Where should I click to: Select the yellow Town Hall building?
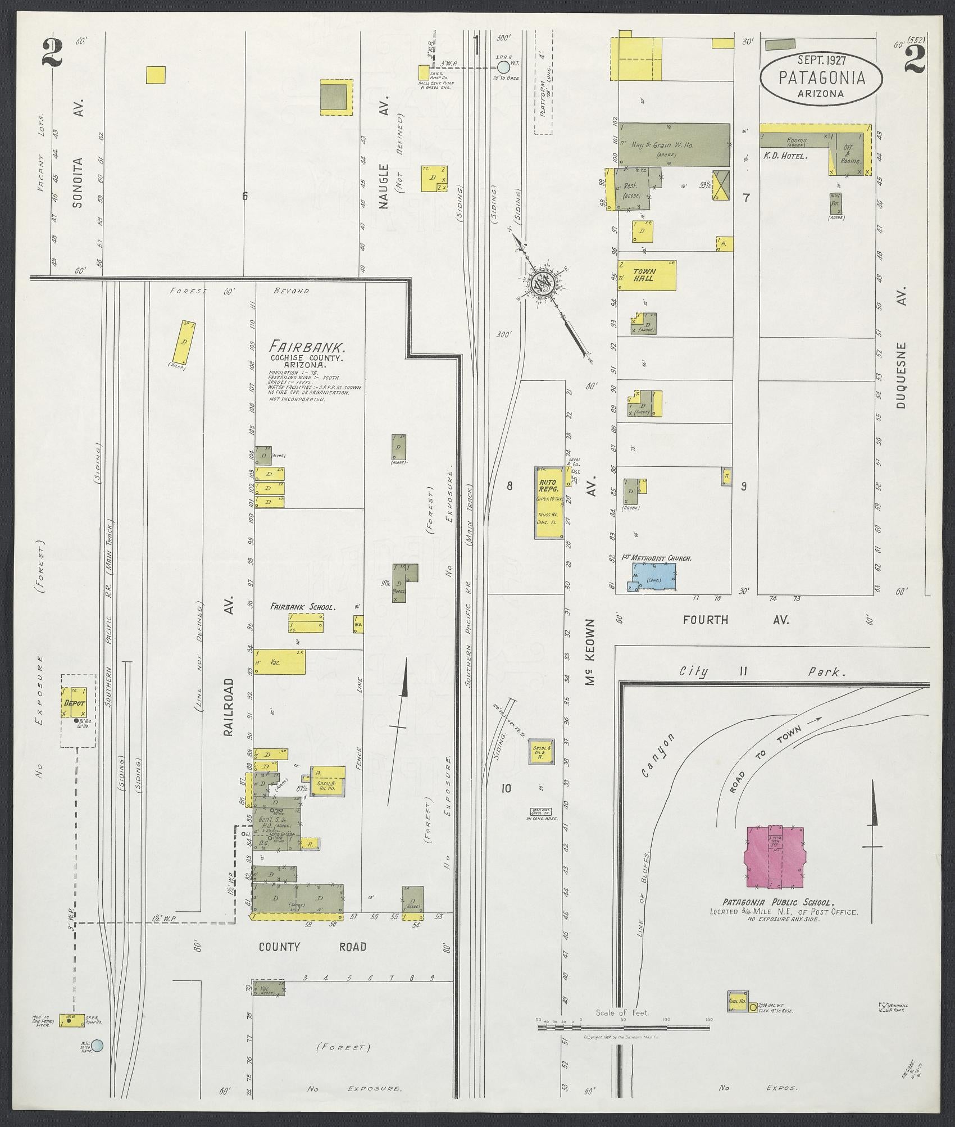coord(646,275)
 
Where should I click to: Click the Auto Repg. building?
coord(548,502)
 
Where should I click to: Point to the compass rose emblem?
coord(543,285)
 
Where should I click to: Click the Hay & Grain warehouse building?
coord(674,144)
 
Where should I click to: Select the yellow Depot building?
coord(74,703)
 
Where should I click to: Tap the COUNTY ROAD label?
coord(312,947)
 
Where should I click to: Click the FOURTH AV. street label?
coord(736,620)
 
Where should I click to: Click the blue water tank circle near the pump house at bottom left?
coord(98,1046)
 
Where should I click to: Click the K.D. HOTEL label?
coord(785,156)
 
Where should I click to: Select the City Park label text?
coord(763,671)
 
